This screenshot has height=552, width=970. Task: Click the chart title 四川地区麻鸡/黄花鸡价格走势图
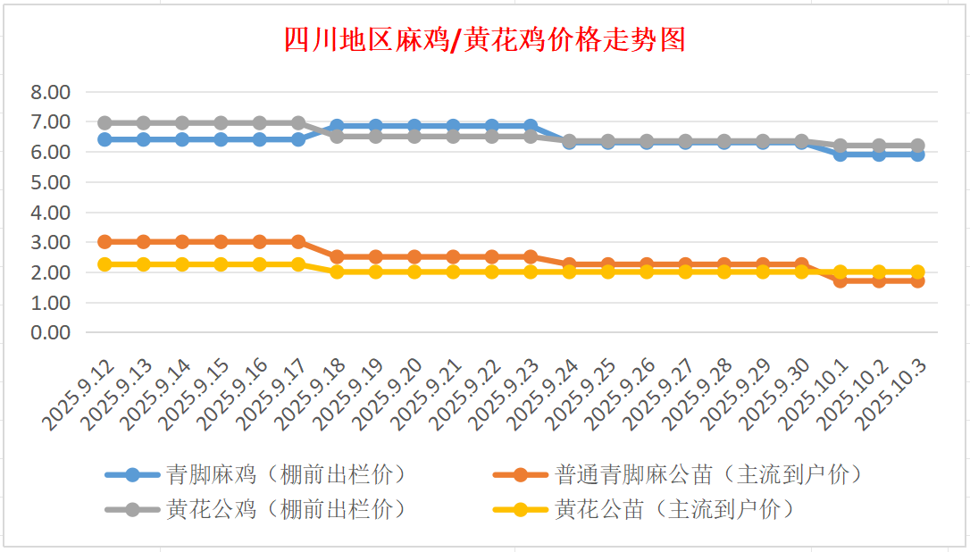[484, 40]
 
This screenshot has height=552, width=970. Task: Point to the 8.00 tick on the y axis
[50, 92]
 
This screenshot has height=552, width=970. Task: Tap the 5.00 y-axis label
[50, 182]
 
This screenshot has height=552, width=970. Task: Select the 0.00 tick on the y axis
[50, 333]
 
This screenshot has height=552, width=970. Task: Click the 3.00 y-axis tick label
[50, 243]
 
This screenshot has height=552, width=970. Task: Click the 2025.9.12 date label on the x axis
[81, 393]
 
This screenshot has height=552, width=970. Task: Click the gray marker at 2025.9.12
[105, 122]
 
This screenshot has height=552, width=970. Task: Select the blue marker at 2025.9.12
[105, 139]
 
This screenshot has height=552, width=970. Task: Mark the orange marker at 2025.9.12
[105, 242]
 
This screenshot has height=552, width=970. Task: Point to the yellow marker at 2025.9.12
[105, 264]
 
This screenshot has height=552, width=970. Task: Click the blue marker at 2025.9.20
[414, 126]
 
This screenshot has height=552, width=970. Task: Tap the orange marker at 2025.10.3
[917, 280]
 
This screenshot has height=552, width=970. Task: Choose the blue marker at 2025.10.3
[917, 154]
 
